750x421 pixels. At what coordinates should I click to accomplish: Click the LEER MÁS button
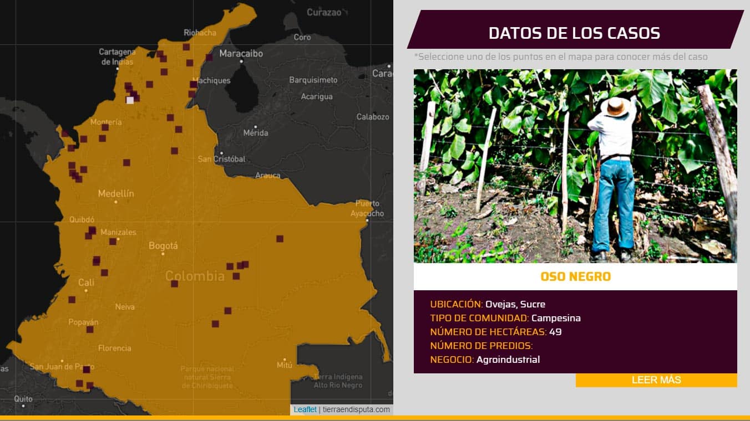pos(656,380)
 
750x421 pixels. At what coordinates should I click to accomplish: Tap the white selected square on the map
pos(130,100)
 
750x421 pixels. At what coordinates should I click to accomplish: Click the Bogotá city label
pos(163,245)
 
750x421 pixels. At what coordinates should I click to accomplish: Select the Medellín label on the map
pos(116,193)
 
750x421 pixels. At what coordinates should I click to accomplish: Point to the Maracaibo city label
pos(241,54)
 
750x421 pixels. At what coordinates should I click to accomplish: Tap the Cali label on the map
pos(86,283)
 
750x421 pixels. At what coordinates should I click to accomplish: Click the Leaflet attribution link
pos(305,409)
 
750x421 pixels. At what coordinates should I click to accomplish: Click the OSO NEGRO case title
pos(575,276)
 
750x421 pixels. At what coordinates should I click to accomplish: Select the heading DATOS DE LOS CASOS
pos(574,33)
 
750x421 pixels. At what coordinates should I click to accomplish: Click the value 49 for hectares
pos(555,332)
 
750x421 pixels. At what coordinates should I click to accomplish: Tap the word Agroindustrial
pos(508,360)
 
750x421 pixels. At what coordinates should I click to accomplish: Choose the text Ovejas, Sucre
pos(515,304)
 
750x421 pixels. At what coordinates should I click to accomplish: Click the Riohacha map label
pos(200,33)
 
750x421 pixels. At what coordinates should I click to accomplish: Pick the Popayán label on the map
pos(83,322)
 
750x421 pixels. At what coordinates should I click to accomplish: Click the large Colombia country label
pos(195,275)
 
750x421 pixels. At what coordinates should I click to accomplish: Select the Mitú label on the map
pos(284,364)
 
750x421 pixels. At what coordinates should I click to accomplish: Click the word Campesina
pos(556,318)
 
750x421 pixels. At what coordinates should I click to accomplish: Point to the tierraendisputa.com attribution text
pos(356,409)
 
